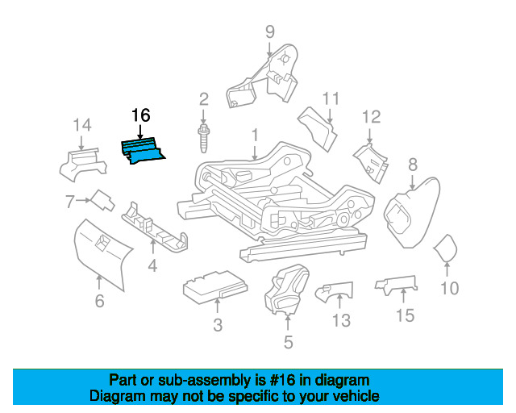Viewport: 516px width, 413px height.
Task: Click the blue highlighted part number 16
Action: (143, 151)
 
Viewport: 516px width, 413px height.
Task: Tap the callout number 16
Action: (141, 115)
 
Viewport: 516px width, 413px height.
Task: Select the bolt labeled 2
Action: (203, 138)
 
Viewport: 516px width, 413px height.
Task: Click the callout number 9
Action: (270, 32)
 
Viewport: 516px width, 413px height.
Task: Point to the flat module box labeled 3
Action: (215, 286)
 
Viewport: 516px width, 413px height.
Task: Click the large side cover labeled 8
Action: (412, 212)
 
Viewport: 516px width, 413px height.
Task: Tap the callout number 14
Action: (82, 125)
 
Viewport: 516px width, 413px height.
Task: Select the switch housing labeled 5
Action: (287, 289)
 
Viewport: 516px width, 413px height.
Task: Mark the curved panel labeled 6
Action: (102, 253)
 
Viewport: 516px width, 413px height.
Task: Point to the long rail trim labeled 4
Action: (155, 227)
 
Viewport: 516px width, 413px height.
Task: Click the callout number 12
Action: (372, 117)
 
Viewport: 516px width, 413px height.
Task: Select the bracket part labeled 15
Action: (396, 286)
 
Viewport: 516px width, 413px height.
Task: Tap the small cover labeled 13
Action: (335, 291)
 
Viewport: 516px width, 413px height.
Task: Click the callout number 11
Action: (331, 98)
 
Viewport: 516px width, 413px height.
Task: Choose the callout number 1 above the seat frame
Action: (255, 136)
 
